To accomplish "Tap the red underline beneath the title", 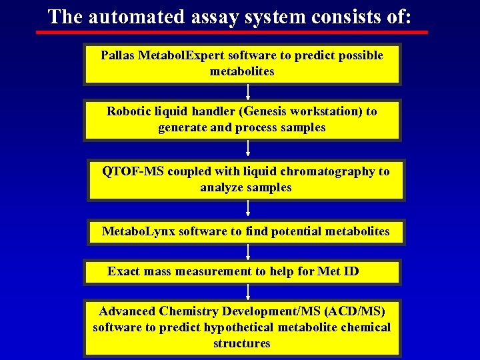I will click(x=237, y=31).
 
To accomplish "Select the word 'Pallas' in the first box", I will click(x=117, y=55).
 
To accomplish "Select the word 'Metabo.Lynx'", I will click(x=138, y=231).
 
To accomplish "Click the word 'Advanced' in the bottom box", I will click(x=127, y=311).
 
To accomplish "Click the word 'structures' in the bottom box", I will click(x=241, y=343).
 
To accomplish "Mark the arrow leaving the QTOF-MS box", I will click(x=248, y=209).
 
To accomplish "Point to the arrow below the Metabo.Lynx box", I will click(x=248, y=252).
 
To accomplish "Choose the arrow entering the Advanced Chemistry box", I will click(x=248, y=292).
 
